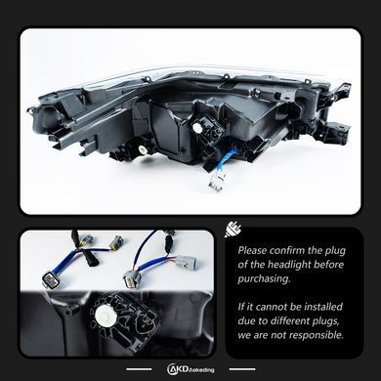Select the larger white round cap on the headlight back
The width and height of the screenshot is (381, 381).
pos(197,127)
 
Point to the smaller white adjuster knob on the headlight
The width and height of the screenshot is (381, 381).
pos(143,149)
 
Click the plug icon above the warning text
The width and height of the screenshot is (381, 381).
pos(233,230)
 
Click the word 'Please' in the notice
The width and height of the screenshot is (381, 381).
pos(253,251)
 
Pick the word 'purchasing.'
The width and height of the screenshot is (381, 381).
pos(264,279)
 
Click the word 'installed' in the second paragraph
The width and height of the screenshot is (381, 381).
pos(323,307)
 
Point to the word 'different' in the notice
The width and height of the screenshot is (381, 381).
pos(295,320)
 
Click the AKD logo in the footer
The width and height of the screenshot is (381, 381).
pos(190,369)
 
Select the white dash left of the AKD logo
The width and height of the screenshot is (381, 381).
pos(139,369)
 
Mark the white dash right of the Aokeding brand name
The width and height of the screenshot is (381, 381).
pos(242,369)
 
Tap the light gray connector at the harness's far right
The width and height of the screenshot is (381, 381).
pos(187,262)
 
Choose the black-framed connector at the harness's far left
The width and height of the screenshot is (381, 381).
pos(51,279)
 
